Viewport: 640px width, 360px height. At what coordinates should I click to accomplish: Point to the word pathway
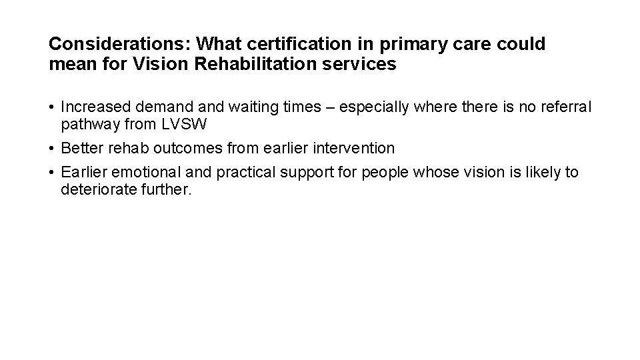[86, 123]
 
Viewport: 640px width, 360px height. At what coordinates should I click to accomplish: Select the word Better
[78, 147]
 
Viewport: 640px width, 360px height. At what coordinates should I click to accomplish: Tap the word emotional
[134, 173]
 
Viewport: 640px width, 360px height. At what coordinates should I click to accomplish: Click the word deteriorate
[93, 189]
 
